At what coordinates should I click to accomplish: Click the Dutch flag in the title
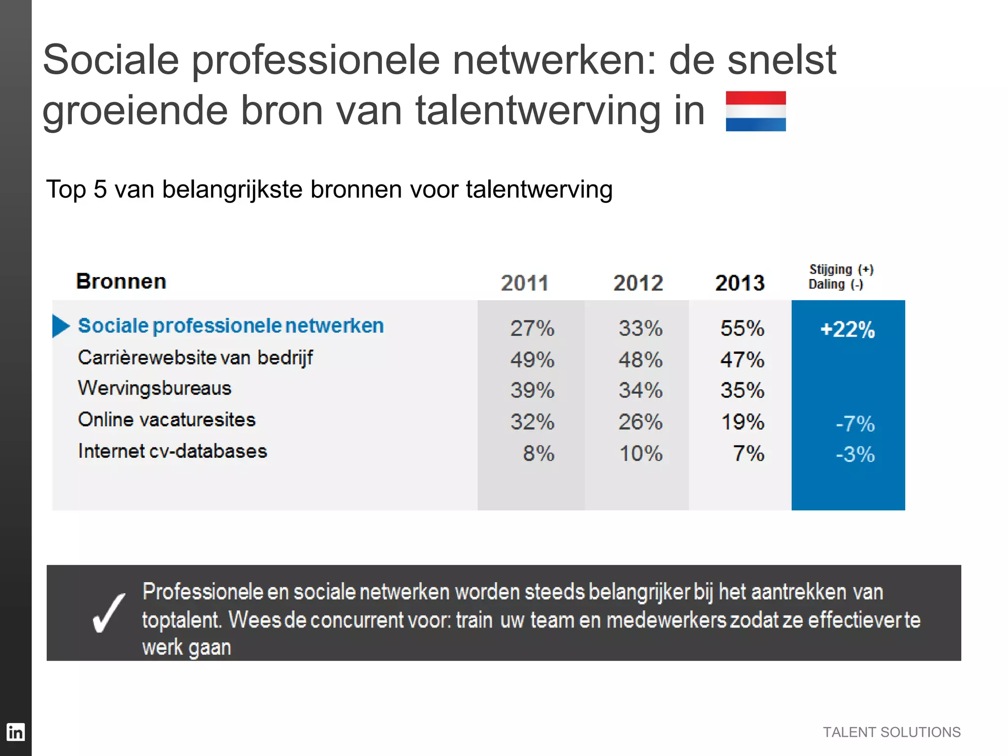coord(756,111)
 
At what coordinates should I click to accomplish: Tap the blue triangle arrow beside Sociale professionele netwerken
coord(61,326)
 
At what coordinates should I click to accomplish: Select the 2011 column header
coord(525,283)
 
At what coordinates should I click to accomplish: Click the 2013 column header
coord(740,283)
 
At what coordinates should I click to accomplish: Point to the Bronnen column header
coord(121,282)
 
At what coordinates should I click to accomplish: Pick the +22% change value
coord(848,329)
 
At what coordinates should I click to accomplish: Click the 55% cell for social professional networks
coord(742,328)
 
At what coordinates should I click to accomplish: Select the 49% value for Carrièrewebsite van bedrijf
coord(532,360)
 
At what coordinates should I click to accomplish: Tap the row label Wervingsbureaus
coord(155,388)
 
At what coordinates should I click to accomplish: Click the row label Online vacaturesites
coord(167,420)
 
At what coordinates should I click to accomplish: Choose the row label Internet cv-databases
coord(172,451)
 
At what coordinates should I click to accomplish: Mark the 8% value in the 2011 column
coord(538,453)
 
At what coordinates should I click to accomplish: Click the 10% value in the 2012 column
coord(640,453)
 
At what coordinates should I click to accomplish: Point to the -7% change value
coord(855,424)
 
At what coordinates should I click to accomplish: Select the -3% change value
coord(855,454)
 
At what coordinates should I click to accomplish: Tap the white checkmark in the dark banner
coord(109,613)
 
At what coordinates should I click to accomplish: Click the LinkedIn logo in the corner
coord(15,732)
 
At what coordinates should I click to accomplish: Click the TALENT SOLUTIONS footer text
coord(891,732)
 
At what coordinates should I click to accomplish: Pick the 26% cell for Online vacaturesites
coord(640,422)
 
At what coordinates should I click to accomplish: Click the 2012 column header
coord(638,283)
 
